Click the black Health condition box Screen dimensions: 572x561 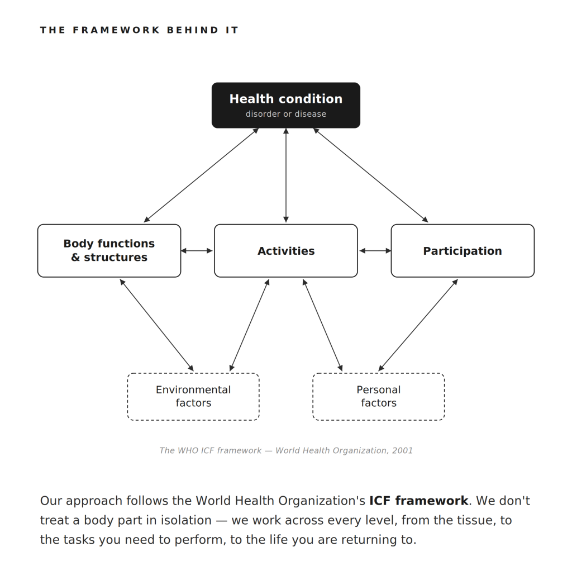pos(285,105)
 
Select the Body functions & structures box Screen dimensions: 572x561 pos(109,251)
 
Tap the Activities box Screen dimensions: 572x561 pos(285,251)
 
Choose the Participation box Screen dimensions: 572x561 pos(463,251)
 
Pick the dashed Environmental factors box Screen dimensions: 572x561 pos(193,397)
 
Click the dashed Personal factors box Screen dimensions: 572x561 pos(379,397)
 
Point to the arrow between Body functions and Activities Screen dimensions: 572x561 pos(197,251)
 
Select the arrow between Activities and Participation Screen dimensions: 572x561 pos(375,251)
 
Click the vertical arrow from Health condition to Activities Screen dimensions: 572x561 pos(286,175)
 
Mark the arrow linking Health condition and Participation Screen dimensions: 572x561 pos(371,175)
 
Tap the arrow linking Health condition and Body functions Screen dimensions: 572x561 pos(201,175)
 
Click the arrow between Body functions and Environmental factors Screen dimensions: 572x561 pos(157,325)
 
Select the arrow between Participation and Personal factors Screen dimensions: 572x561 pos(418,325)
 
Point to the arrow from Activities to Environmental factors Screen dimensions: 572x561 pos(250,325)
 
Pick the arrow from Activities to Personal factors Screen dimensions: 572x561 pos(322,325)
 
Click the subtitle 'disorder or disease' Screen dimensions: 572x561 pos(285,114)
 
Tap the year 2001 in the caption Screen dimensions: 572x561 pos(402,450)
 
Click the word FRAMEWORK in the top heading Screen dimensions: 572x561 pos(116,30)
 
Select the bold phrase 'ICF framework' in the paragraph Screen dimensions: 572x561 pos(419,501)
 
